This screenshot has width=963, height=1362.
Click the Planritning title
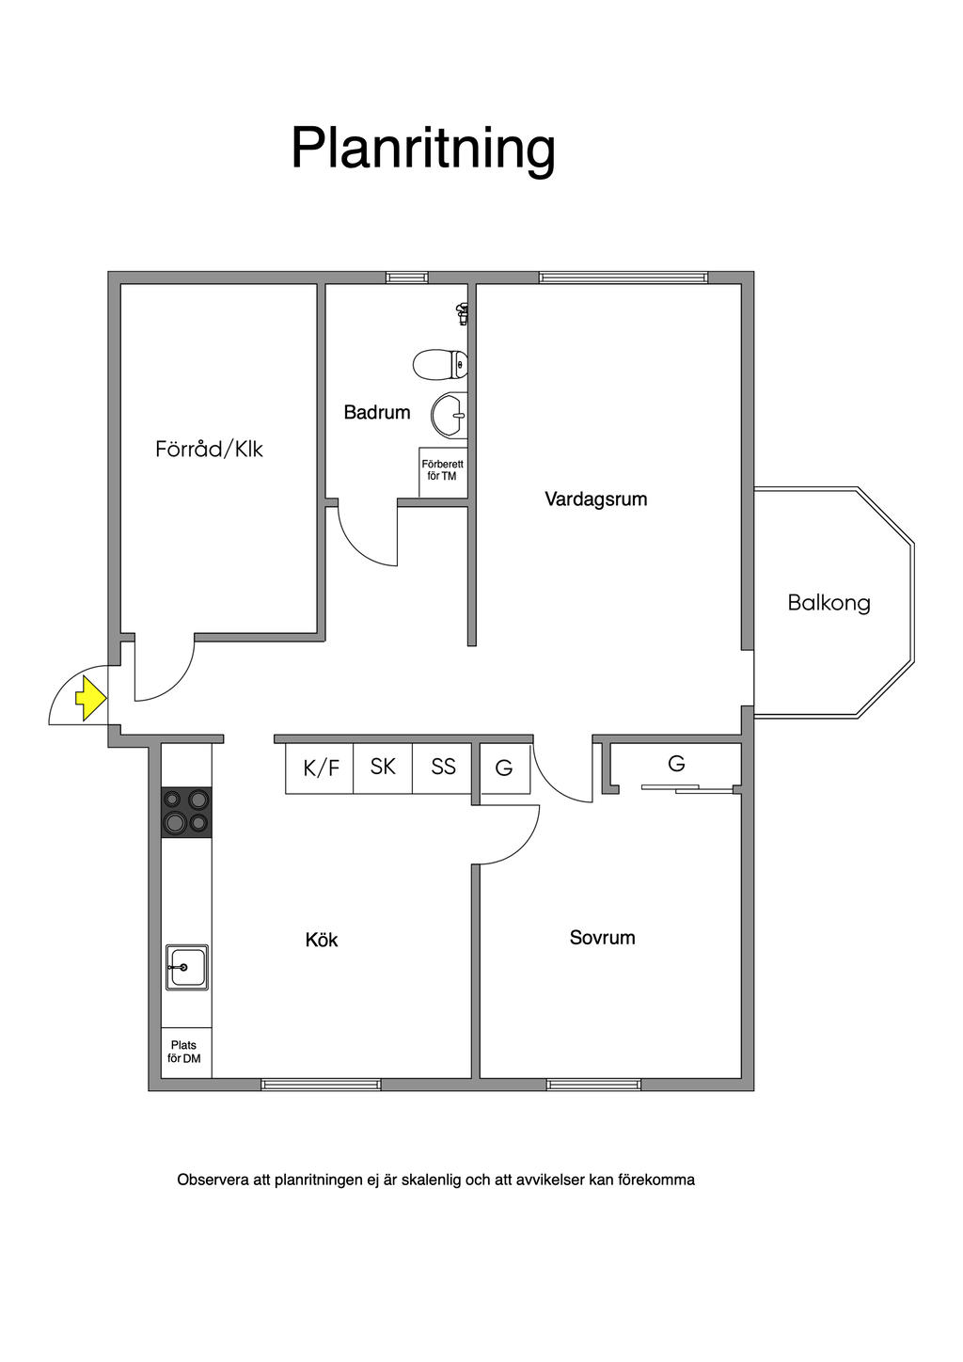click(423, 148)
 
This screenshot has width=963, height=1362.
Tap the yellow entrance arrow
click(89, 698)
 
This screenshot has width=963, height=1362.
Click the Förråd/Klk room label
click(209, 449)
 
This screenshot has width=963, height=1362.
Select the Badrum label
click(376, 412)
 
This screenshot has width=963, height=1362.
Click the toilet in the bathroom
click(440, 363)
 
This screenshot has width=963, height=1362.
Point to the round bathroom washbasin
click(450, 415)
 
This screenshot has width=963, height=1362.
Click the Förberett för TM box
click(442, 470)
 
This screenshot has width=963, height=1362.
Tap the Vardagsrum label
click(596, 499)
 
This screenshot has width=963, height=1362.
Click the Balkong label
click(829, 603)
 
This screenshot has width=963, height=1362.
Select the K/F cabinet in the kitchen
click(320, 768)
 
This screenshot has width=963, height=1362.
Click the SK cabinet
click(383, 767)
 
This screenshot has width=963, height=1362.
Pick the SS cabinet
click(443, 767)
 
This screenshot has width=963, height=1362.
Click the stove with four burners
click(186, 812)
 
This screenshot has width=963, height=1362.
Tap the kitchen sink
click(187, 966)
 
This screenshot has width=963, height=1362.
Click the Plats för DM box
click(185, 1052)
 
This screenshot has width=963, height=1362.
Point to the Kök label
click(322, 940)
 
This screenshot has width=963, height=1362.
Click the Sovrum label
click(602, 938)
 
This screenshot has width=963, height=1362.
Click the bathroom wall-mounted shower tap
click(461, 312)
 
